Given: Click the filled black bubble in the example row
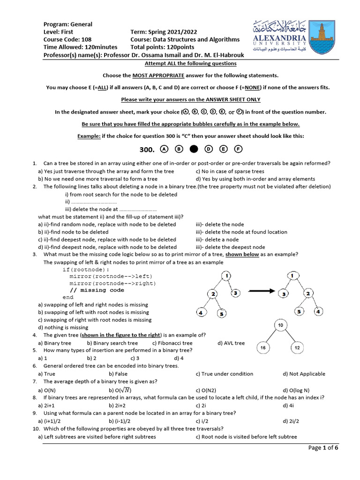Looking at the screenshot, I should (194, 150).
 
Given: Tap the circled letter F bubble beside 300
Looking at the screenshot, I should (239, 150).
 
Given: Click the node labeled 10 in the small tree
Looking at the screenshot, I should (280, 325).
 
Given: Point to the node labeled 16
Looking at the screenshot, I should (263, 348).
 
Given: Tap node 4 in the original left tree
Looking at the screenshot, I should (200, 313).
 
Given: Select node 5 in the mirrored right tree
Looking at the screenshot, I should (300, 311).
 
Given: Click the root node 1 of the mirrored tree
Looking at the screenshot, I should (292, 276).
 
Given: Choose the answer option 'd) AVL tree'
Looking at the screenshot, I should (231, 343).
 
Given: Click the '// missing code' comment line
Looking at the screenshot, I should (97, 290).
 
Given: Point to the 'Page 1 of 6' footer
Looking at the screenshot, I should (323, 448).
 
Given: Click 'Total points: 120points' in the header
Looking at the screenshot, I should (162, 47).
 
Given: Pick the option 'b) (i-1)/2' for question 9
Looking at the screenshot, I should (123, 420).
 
